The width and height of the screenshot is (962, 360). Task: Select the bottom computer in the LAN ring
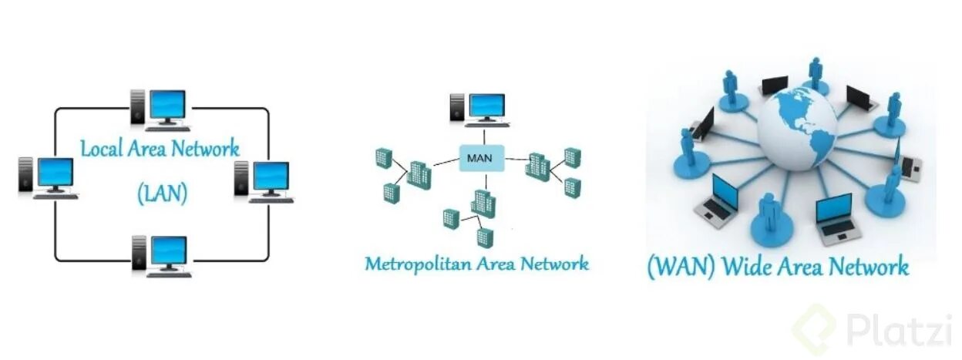pos(160,255)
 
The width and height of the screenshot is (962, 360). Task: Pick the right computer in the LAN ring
pos(264,180)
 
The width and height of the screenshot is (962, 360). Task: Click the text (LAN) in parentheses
pos(162,192)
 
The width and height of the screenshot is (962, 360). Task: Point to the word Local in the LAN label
pos(106,148)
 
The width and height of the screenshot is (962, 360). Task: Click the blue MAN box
pos(483,159)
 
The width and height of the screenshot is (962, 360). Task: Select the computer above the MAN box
pos(479,109)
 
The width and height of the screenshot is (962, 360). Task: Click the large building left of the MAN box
pos(419,175)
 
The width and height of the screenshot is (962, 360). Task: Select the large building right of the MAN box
pos(537,167)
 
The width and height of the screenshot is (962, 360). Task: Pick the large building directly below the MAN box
pos(483,204)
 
